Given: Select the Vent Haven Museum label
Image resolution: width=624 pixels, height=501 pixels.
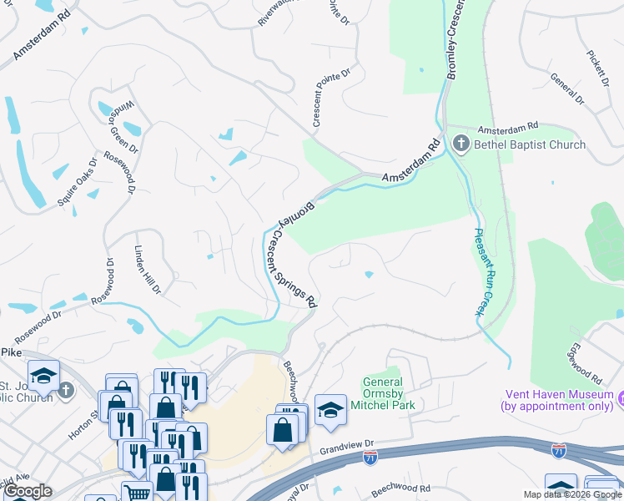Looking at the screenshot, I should pos(556,400).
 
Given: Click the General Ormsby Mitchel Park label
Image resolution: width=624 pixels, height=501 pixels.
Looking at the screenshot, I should pos(388,393).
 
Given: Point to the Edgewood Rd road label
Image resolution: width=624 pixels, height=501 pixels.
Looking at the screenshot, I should pos(583,362).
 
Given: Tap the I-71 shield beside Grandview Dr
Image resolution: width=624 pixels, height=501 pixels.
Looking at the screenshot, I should pos(370,457).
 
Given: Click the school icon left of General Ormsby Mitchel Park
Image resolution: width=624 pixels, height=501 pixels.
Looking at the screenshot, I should pos(330,409).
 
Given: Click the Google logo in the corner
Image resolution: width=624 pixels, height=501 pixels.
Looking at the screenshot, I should pos(28,491).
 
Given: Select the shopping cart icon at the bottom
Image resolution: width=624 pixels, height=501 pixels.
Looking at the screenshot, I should pos(136,493).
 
